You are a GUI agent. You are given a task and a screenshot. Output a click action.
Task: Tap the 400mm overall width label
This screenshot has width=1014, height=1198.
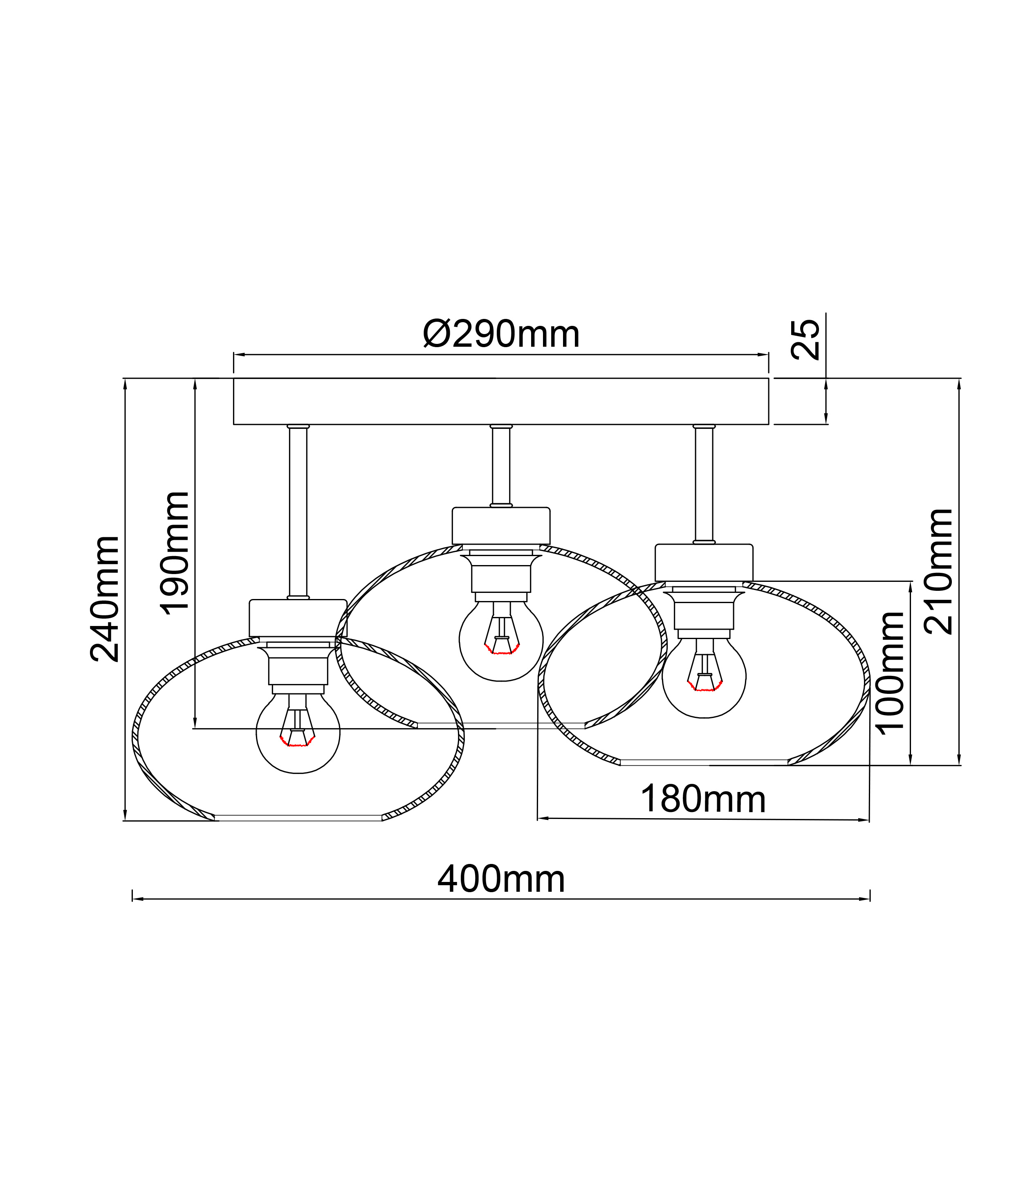tap(501, 879)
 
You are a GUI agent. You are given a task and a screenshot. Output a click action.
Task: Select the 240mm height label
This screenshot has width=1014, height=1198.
tap(105, 599)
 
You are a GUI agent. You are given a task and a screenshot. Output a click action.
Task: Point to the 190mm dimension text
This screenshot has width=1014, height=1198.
tap(174, 554)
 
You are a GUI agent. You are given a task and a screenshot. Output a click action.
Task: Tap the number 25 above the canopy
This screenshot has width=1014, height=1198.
tap(805, 340)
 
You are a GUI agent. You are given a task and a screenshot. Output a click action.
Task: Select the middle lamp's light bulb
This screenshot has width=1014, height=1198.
tap(501, 642)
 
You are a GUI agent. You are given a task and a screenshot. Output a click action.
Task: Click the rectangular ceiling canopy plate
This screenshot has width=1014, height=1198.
tap(501, 401)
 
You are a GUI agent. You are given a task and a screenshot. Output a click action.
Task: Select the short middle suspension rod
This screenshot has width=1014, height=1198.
tap(501, 466)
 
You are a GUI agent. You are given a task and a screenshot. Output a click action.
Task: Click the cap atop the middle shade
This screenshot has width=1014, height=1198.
tap(501, 525)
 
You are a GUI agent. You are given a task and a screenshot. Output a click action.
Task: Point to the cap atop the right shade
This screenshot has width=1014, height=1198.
tap(704, 562)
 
